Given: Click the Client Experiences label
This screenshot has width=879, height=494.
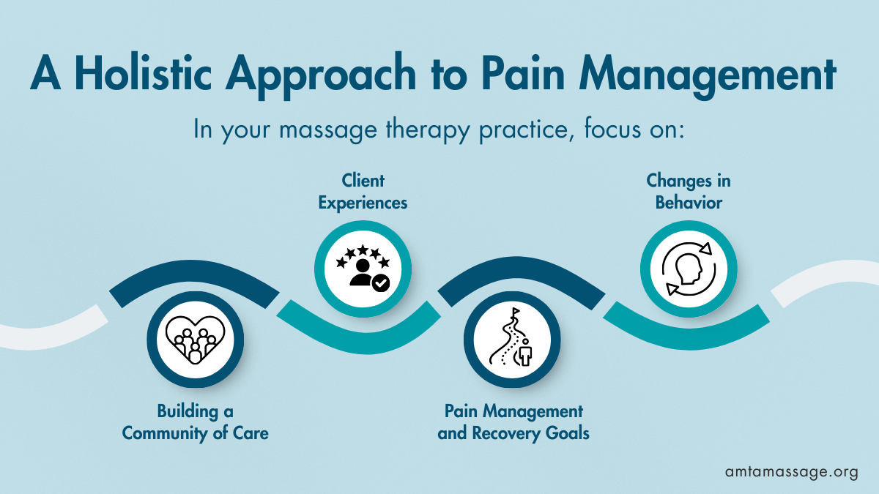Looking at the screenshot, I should tap(363, 192).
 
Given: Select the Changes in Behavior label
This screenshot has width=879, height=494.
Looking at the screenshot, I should tap(688, 192).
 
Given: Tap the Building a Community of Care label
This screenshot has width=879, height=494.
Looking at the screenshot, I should tap(195, 422).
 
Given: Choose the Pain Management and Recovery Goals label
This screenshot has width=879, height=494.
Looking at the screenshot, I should tap(513, 422).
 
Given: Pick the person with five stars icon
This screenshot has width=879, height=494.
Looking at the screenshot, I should tap(363, 269).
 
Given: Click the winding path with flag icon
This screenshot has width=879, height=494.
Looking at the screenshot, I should tap(513, 340).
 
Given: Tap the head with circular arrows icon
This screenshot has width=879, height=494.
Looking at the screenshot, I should tap(688, 269).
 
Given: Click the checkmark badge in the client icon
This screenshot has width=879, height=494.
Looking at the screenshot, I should tap(381, 283).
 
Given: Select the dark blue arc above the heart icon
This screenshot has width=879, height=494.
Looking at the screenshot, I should tap(194, 278).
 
